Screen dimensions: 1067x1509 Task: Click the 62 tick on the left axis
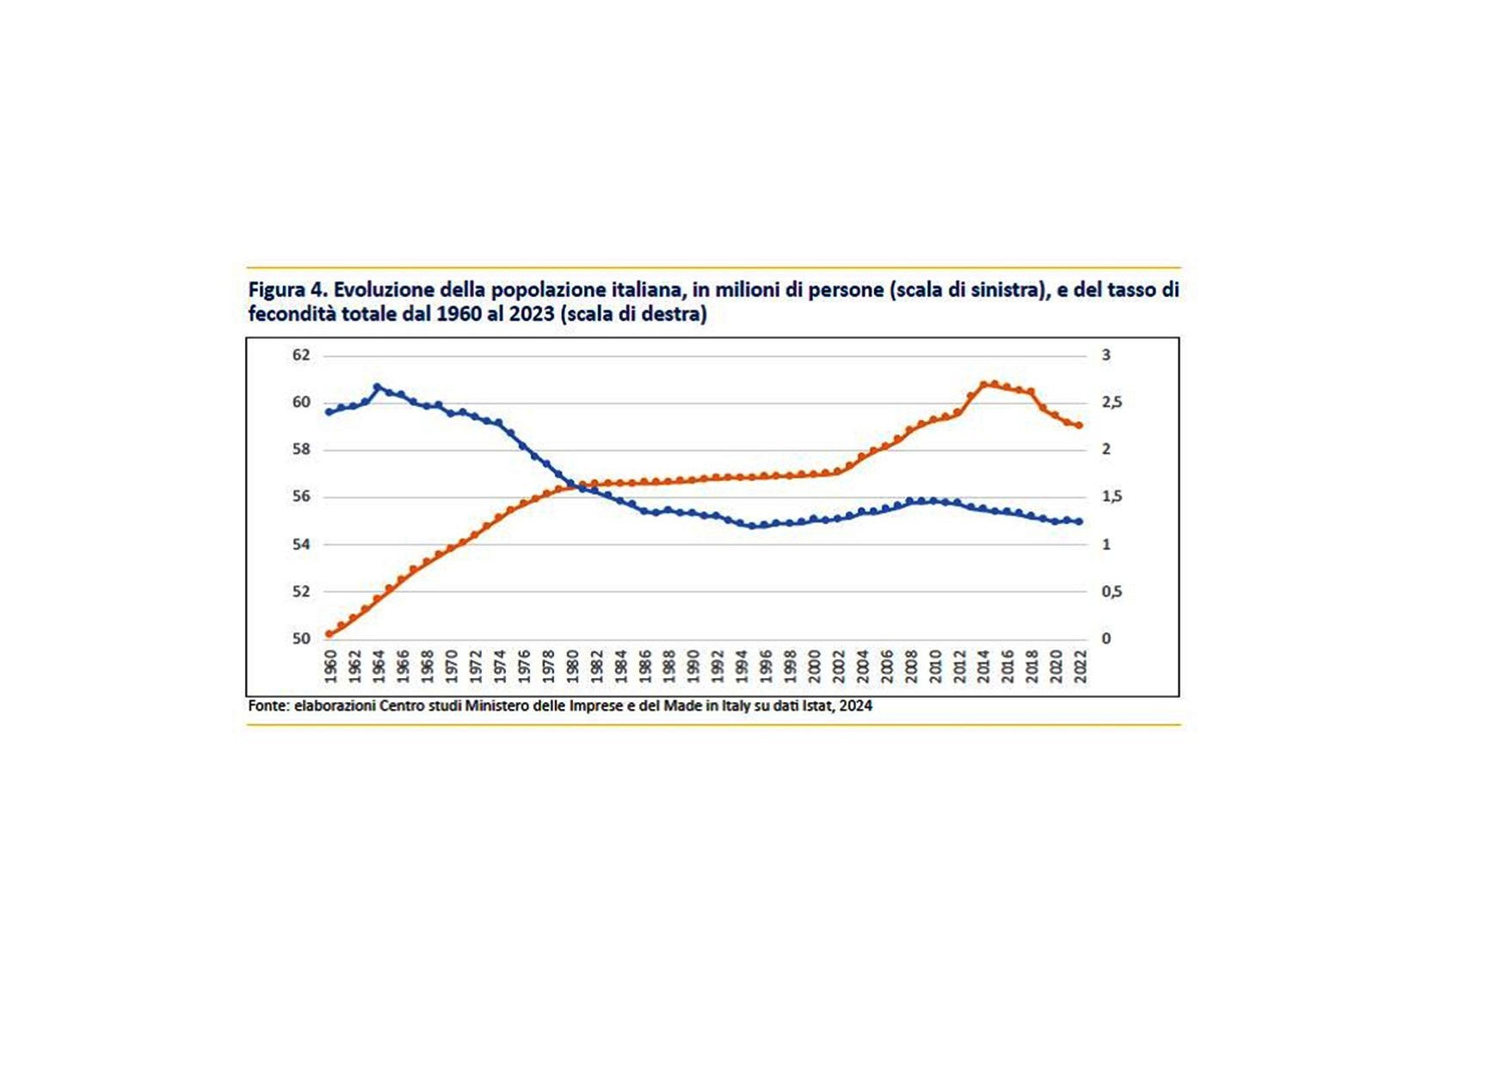[300, 355]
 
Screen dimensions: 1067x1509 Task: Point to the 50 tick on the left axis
[300, 638]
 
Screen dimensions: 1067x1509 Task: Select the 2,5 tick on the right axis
[1112, 402]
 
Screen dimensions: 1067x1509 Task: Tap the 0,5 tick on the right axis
[1112, 591]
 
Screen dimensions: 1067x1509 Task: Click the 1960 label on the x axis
[330, 667]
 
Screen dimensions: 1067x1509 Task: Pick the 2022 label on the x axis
[1080, 667]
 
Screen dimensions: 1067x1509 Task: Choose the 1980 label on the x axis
[572, 667]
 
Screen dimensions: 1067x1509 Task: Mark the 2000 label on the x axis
[815, 667]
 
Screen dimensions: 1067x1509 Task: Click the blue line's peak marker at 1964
[377, 387]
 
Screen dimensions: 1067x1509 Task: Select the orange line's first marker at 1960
[329, 634]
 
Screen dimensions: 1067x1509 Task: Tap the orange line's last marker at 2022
[1080, 425]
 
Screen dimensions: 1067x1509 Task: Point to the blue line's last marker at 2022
[1080, 521]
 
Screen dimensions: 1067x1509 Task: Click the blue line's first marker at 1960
[329, 412]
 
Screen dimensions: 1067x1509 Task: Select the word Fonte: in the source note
[268, 706]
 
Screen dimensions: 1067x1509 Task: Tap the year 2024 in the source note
[856, 706]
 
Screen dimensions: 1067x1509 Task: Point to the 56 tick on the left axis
[300, 496]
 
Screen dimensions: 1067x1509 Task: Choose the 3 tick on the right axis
[1106, 355]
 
